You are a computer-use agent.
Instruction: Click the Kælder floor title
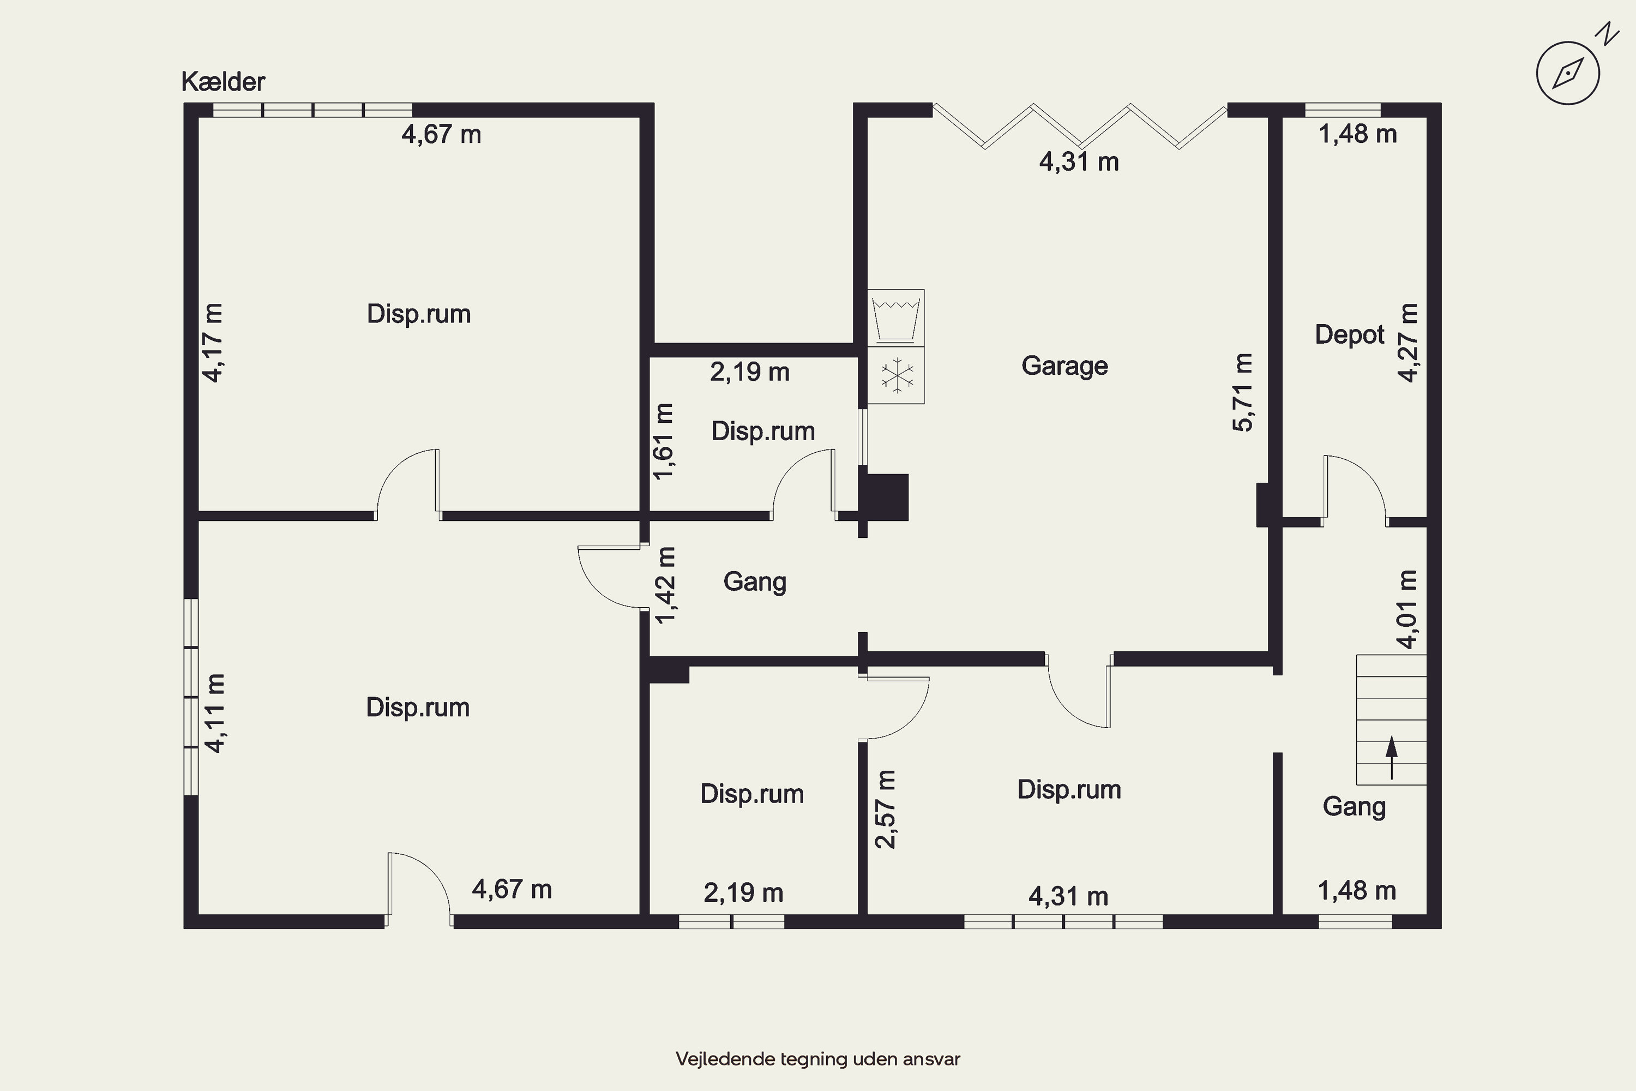coord(223,82)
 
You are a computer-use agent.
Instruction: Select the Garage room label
coord(1064,366)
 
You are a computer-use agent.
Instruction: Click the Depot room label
coord(1349,335)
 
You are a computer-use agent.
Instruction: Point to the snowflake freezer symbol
coord(897,375)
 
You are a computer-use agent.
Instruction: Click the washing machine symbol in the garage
coord(896,318)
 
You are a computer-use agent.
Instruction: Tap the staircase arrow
coord(1391,758)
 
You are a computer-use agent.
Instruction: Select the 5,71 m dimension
coord(1242,392)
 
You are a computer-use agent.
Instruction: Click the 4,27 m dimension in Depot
coord(1408,343)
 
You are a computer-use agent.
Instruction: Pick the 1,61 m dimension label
coord(664,441)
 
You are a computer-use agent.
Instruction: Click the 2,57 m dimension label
coord(886,809)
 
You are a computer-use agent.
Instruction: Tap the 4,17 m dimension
coord(213,343)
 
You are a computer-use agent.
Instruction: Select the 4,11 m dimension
coord(215,713)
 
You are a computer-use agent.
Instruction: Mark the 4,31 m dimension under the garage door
coord(1079,162)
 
